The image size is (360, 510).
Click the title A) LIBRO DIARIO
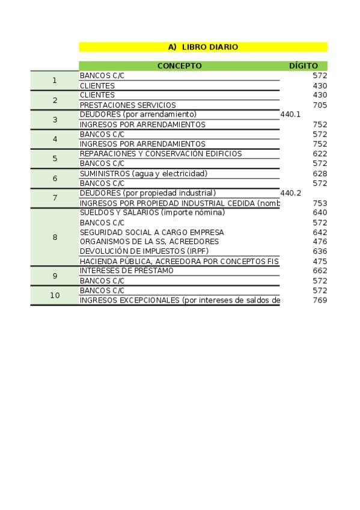[x=203, y=47]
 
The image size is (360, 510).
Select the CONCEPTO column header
[x=179, y=66]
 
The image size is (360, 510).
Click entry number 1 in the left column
[x=55, y=81]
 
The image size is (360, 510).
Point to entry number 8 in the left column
[x=55, y=237]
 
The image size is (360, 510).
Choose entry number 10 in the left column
[x=55, y=295]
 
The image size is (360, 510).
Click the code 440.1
[x=290, y=114]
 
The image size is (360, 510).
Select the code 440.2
[x=290, y=193]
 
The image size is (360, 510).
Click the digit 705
[x=320, y=105]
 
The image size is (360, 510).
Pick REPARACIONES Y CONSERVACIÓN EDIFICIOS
[x=160, y=154]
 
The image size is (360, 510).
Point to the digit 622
[x=320, y=154]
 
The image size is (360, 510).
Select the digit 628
[x=320, y=174]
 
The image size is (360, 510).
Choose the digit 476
[x=320, y=242]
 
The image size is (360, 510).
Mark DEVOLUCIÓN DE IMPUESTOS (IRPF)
[x=144, y=251]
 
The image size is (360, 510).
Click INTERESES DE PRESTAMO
[x=126, y=271]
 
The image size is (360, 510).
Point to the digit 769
[x=320, y=300]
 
